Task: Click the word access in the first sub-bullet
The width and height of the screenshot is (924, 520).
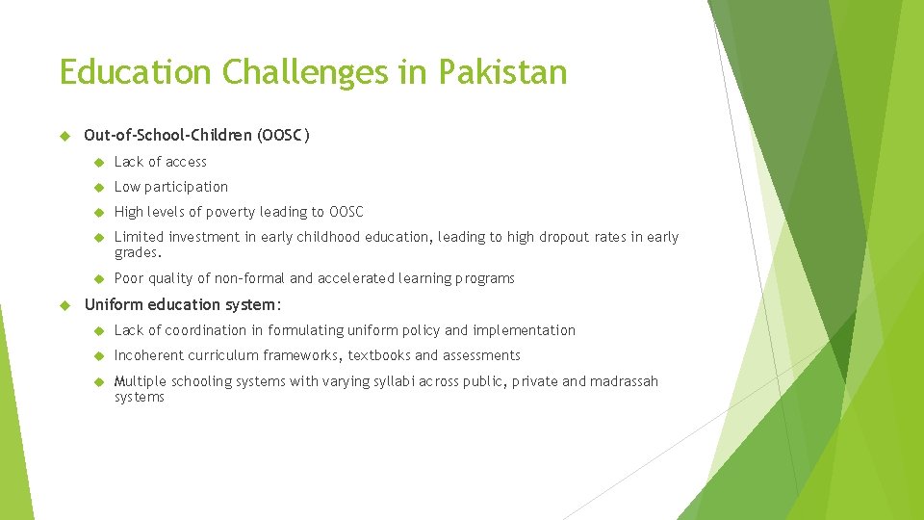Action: (x=186, y=162)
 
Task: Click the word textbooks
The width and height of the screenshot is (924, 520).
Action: (x=379, y=355)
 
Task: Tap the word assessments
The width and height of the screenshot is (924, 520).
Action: (x=481, y=355)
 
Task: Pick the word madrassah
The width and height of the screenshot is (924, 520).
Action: (x=624, y=381)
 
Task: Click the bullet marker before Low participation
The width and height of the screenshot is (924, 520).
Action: (x=97, y=187)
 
